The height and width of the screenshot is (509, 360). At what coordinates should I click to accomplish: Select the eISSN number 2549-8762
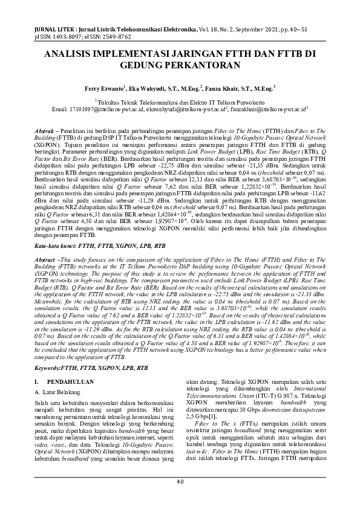[x=115, y=36]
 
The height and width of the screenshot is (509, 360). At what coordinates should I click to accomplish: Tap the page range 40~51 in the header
[x=307, y=28]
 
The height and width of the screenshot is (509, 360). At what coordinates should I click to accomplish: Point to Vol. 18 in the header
[x=209, y=28]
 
